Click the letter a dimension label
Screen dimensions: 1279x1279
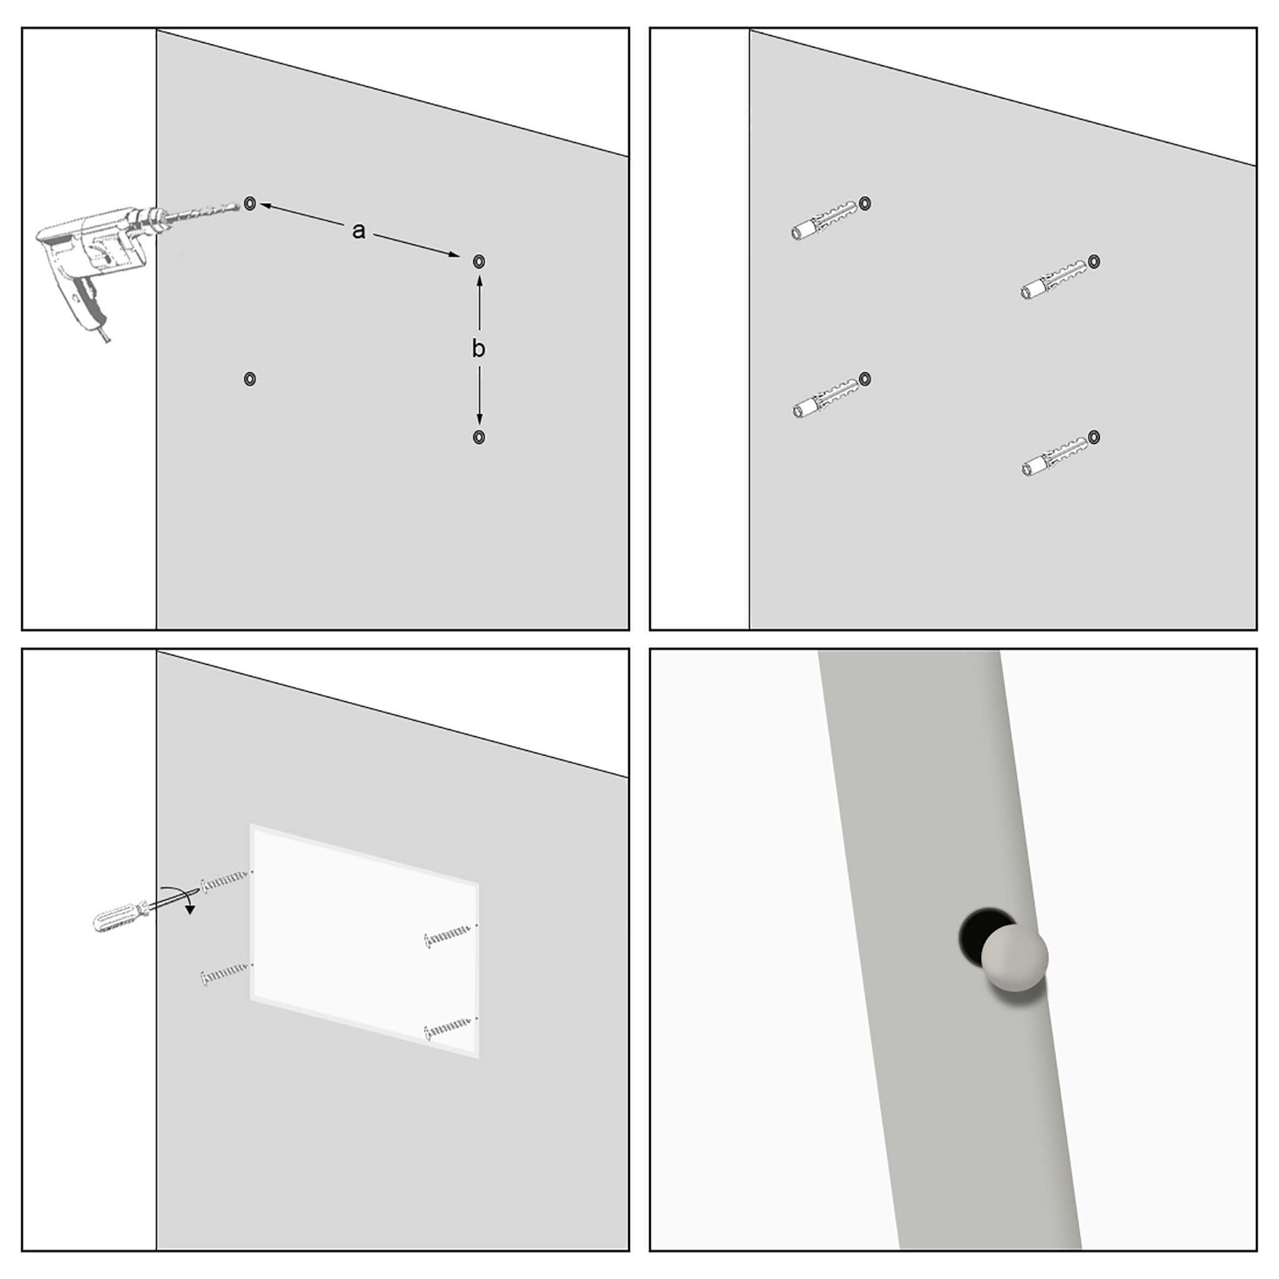click(x=358, y=231)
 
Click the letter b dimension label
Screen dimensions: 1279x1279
click(x=478, y=348)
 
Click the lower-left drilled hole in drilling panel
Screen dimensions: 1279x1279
click(x=250, y=378)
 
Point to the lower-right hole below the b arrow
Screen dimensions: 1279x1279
click(x=478, y=437)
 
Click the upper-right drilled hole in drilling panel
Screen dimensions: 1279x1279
click(x=479, y=262)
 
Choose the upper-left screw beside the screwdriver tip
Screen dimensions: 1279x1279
click(x=225, y=881)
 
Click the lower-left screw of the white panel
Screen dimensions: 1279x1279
click(x=224, y=972)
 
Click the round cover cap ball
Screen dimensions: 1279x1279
click(x=1014, y=957)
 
